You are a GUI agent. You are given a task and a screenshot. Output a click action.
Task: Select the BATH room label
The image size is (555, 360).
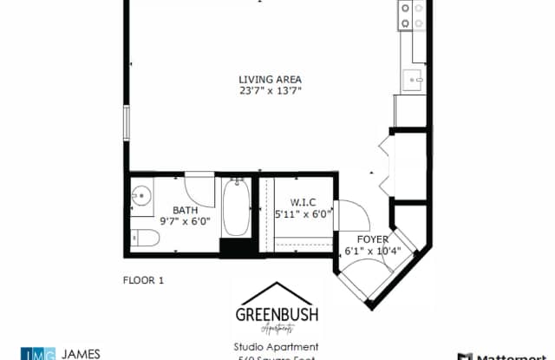pos(185,210)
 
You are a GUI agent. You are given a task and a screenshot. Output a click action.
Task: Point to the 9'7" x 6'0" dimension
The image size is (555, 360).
pos(185,221)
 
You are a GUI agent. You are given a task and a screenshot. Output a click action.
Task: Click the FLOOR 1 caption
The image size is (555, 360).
pos(143,280)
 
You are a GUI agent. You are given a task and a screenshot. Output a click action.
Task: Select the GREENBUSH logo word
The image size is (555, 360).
pos(277,315)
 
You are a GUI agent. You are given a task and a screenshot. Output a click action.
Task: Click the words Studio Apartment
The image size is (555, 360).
pos(277,347)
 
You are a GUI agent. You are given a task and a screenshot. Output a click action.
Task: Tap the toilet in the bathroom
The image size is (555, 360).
pos(140,236)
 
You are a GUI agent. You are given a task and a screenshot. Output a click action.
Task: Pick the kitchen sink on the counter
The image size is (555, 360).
pos(412,79)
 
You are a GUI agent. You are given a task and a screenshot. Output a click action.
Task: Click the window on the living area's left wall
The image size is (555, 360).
pos(127,122)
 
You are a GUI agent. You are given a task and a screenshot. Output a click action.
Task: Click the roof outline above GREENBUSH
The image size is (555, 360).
pos(277,293)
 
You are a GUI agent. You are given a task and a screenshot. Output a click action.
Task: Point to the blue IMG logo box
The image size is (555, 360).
pos(37,354)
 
